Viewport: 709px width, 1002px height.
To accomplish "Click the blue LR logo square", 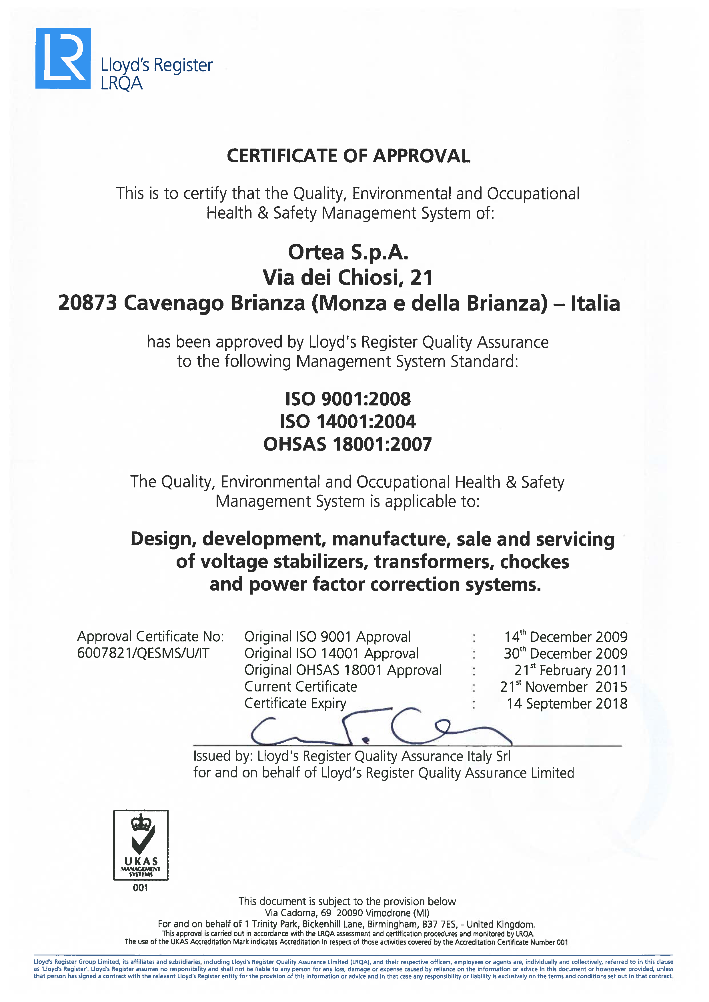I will tap(63, 59).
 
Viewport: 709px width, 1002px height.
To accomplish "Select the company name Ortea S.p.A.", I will tap(348, 252).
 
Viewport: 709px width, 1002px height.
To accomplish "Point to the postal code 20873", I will tap(87, 303).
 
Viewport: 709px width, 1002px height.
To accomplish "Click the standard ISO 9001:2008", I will tap(348, 399).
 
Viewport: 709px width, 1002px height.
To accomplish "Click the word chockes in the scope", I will tap(534, 562).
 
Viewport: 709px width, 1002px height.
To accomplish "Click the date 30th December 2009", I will tap(565, 653).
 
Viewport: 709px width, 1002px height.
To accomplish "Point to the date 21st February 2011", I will tap(570, 670).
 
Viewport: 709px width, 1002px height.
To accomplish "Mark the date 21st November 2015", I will tap(563, 687).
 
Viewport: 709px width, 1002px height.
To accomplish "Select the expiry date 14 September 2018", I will tap(567, 703).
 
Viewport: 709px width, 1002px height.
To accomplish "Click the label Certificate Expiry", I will tap(295, 703).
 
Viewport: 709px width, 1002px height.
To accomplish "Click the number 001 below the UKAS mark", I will tap(141, 888).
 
